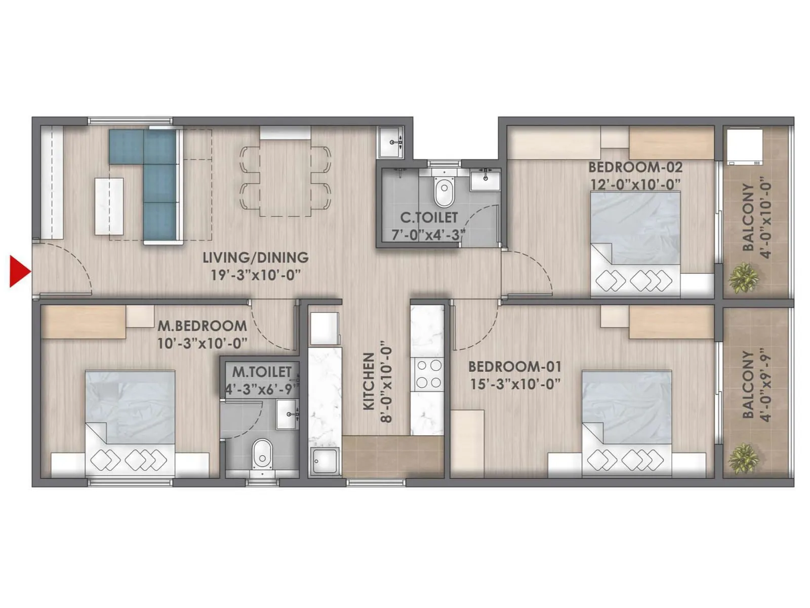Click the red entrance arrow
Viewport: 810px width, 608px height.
click(19, 272)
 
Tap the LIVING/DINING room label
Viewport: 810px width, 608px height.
click(256, 257)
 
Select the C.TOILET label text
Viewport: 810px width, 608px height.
click(429, 218)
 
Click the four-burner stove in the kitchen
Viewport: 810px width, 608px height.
click(428, 373)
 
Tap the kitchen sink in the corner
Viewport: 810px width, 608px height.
click(325, 461)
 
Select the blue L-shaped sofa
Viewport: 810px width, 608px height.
click(152, 177)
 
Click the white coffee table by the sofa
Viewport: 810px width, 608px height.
click(109, 206)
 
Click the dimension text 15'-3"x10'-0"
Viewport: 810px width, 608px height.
click(515, 384)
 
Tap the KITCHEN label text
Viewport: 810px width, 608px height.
click(369, 381)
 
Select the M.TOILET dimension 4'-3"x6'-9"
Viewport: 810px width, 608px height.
click(262, 389)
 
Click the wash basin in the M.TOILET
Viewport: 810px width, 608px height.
click(287, 414)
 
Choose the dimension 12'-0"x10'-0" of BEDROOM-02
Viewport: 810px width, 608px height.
click(635, 184)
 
